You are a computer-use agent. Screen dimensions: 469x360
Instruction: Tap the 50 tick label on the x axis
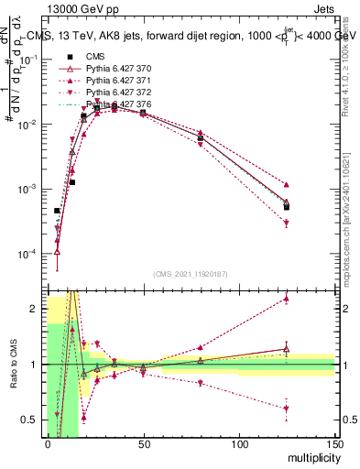click(x=143, y=444)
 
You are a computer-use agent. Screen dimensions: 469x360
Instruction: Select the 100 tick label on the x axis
click(x=238, y=444)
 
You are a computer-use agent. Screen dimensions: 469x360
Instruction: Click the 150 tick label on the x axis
click(x=333, y=444)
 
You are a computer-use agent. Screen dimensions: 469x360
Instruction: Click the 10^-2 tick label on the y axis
click(x=27, y=125)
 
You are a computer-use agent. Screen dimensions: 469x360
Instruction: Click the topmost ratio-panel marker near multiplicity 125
click(x=287, y=299)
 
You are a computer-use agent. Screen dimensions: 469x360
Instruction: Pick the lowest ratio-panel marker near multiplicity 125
click(x=287, y=409)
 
